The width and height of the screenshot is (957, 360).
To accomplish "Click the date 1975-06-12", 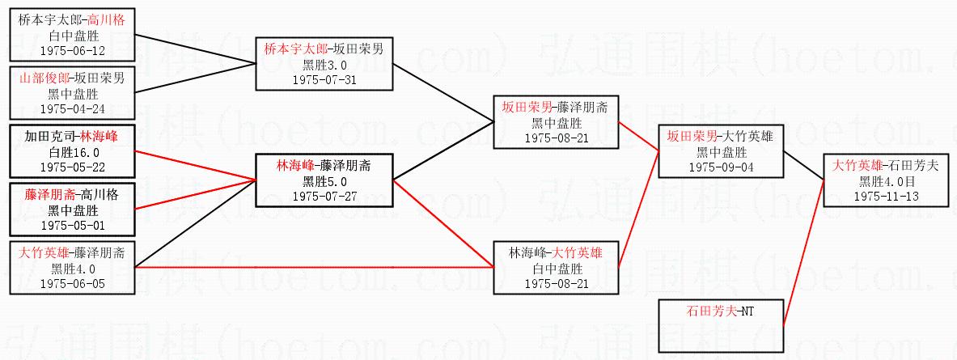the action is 72,50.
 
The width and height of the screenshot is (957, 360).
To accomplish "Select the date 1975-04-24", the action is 72,108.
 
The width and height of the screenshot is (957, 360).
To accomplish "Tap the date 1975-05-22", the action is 72,167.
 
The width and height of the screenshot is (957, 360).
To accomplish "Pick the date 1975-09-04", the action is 721,167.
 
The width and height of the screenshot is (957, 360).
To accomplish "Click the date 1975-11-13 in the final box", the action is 886,196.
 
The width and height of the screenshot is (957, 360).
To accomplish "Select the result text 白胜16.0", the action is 72,152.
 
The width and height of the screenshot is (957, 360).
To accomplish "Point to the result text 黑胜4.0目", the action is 886,181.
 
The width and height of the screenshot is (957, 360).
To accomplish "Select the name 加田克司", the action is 49,137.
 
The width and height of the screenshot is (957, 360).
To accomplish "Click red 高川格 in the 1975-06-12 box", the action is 107,19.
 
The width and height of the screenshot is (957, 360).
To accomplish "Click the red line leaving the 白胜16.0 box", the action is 194,164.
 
